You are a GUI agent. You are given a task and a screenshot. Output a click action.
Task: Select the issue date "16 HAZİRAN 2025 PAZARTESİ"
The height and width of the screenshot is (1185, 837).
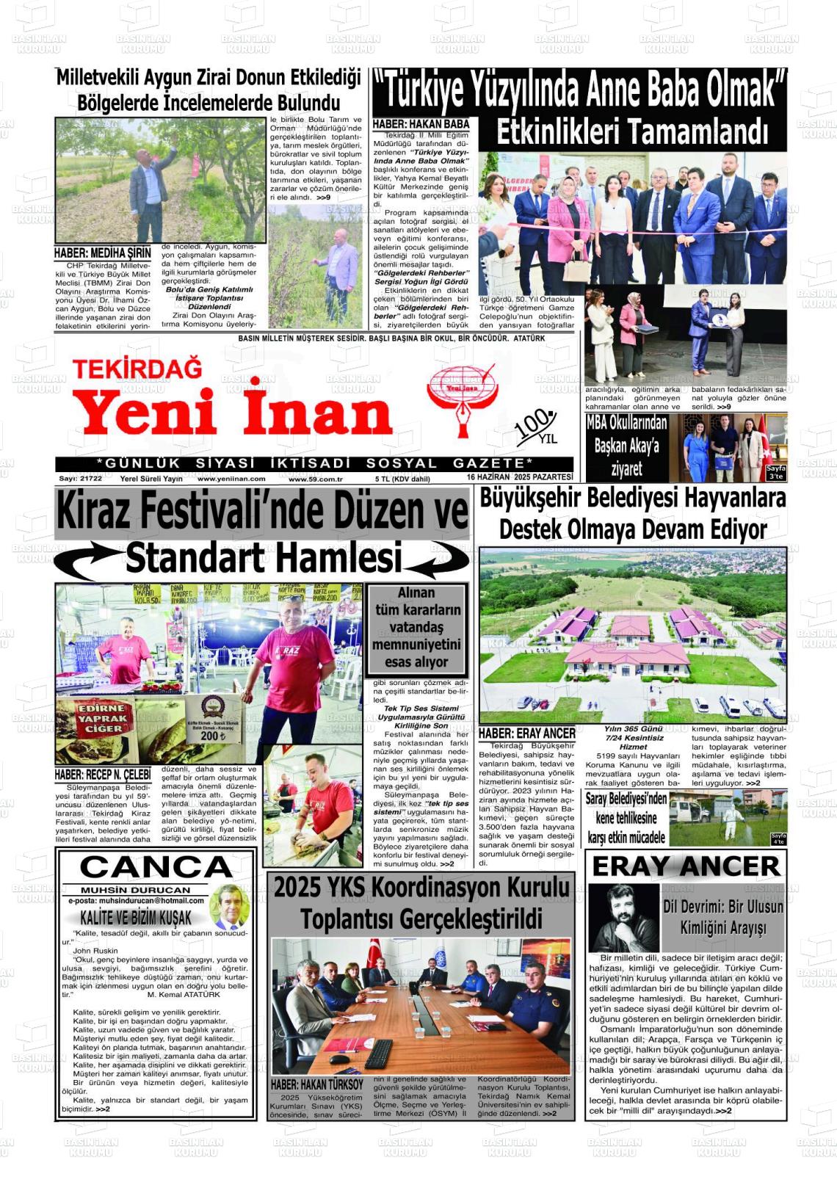(520, 478)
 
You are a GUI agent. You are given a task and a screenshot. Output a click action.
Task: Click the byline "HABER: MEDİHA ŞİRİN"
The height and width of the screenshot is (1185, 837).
(102, 253)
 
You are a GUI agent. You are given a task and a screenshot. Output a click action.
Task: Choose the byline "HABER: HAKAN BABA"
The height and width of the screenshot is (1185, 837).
(421, 124)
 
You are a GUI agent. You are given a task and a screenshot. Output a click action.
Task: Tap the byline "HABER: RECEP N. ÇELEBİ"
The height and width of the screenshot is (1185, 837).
(102, 775)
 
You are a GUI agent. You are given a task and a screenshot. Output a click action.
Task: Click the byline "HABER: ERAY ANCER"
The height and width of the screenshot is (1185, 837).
(526, 733)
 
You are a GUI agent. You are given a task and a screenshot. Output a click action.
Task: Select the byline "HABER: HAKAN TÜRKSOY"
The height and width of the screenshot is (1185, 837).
(316, 1084)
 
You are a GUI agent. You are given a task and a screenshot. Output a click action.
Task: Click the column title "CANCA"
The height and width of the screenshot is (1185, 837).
(156, 867)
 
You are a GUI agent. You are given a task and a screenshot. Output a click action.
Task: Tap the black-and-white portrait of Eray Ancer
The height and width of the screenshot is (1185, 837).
(623, 918)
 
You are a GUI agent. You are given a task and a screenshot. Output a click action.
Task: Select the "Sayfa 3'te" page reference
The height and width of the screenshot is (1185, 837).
(775, 473)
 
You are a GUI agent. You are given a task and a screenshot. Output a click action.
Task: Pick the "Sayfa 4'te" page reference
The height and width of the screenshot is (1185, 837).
(778, 839)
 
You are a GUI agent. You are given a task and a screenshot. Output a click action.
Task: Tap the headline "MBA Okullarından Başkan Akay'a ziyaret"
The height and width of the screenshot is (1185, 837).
(626, 446)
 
